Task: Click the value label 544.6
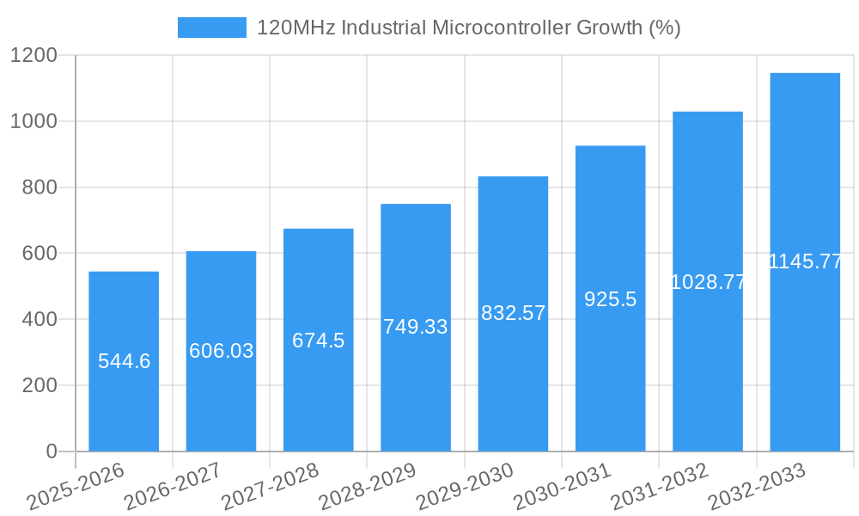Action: coord(124,361)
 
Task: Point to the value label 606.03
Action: coord(221,351)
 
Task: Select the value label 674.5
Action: coord(318,341)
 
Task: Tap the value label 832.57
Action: coord(513,313)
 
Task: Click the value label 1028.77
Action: coord(708,282)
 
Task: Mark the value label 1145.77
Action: coord(805,262)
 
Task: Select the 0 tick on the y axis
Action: coord(51,451)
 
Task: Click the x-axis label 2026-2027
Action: coord(173,487)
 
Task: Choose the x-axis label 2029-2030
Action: coord(465,487)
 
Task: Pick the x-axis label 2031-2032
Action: coord(660,487)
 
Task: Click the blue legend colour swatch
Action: coord(211,28)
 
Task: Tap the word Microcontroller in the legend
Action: coord(501,28)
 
